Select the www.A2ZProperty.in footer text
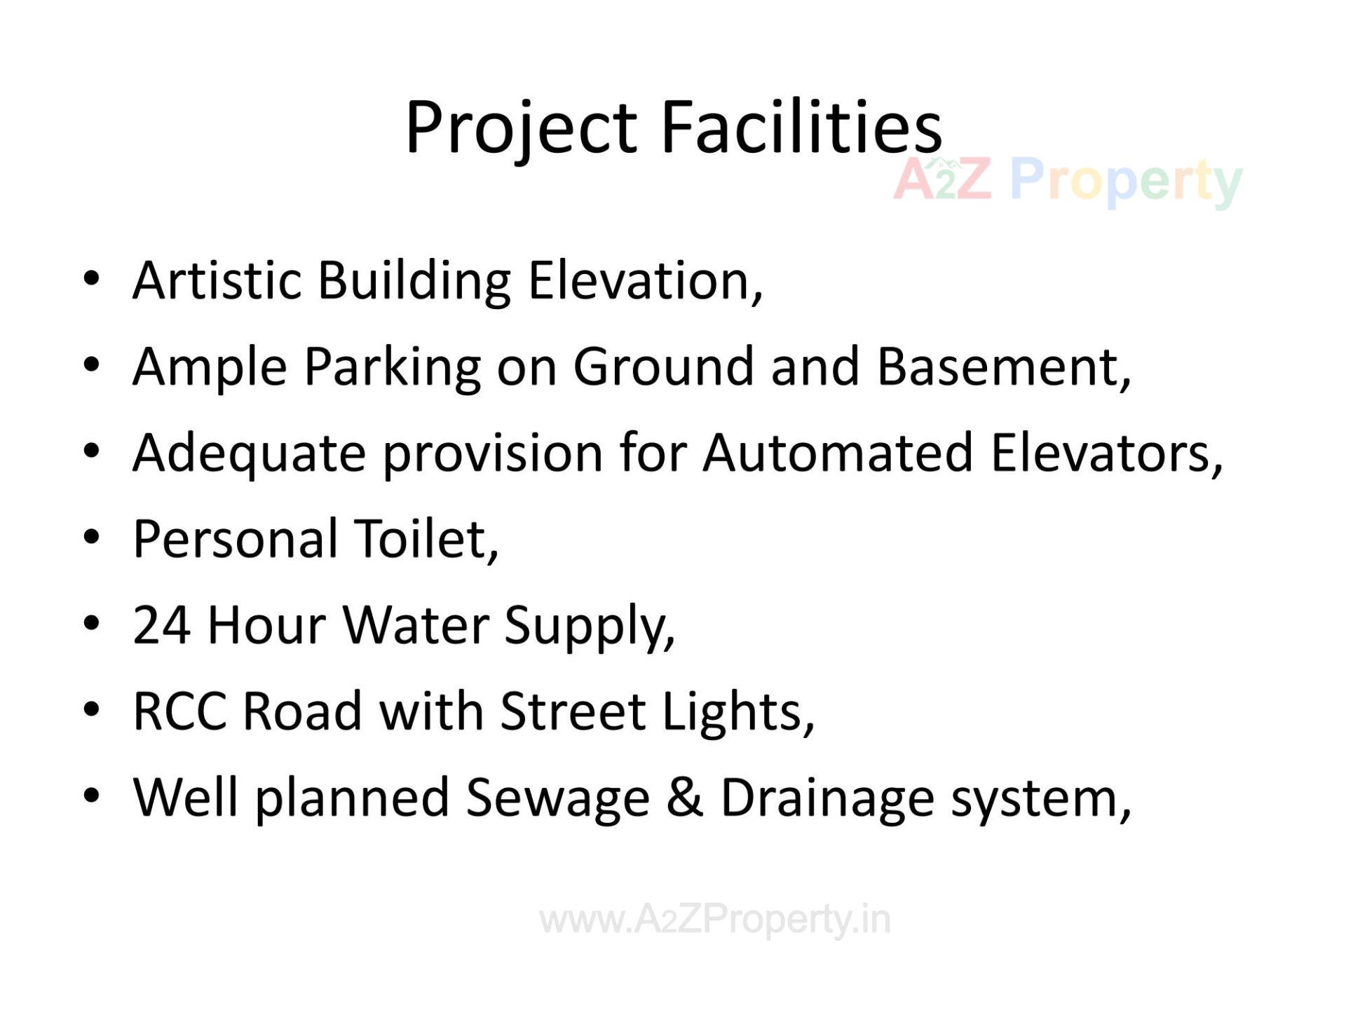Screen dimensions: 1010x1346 714,920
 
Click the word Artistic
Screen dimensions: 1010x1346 217,280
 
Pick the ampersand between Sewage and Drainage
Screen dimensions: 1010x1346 685,798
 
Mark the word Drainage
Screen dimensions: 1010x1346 827,798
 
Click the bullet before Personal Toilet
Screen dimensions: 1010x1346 91,538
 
